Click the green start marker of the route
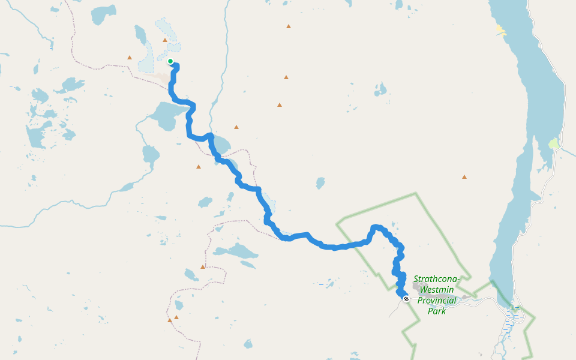click(170, 61)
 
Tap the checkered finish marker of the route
click(406, 298)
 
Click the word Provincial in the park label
click(437, 300)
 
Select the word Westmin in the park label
click(437, 289)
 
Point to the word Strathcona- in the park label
click(437, 279)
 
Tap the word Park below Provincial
click(437, 311)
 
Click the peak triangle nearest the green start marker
click(165, 40)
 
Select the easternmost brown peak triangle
click(464, 177)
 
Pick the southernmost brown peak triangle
click(170, 320)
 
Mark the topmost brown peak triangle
click(289, 26)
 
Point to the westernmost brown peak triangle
click(129, 58)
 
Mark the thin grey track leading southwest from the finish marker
click(394, 309)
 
